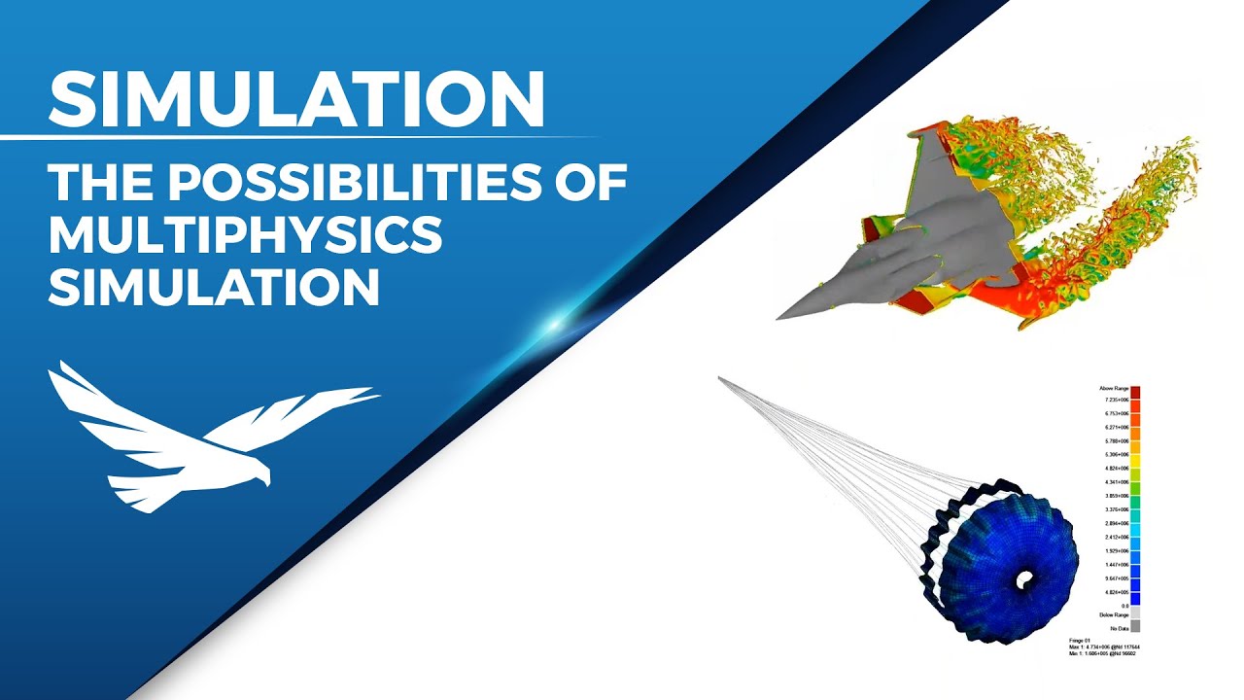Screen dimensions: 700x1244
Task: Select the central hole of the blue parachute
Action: [x=1023, y=579]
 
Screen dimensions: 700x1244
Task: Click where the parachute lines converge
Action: [x=720, y=378]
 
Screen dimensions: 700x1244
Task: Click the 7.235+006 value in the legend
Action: [x=1114, y=400]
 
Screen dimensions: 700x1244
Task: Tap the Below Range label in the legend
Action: [x=1113, y=615]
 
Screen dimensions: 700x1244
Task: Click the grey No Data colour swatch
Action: [x=1135, y=627]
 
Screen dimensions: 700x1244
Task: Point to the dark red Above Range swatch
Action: [x=1135, y=391]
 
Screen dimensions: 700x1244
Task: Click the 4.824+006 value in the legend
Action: [x=1114, y=468]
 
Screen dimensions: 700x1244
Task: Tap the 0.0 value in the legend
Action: [x=1123, y=606]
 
